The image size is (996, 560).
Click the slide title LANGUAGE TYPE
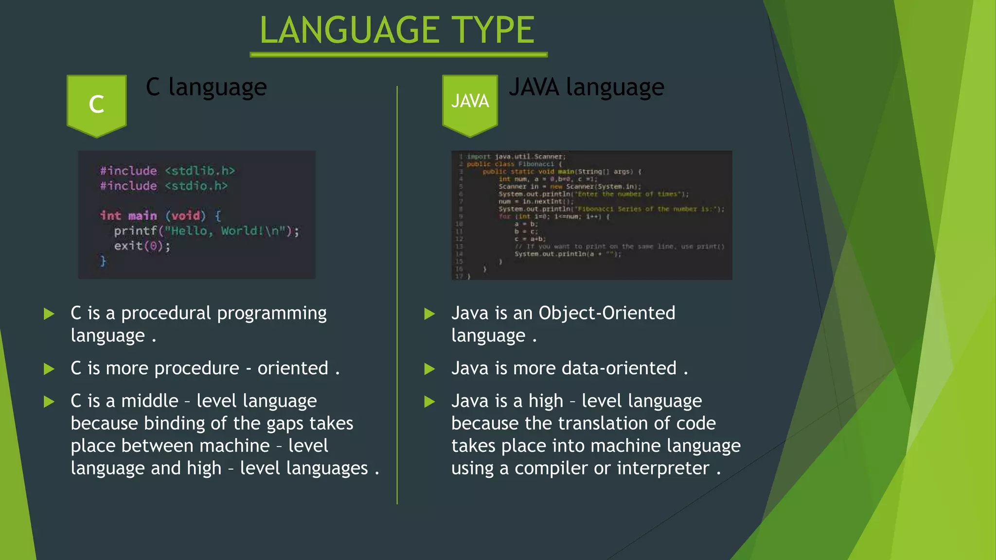[397, 30]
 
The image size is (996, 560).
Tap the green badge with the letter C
[97, 104]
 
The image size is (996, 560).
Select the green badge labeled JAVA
[470, 102]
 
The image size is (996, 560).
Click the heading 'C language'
[206, 87]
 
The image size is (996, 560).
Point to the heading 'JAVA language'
[586, 87]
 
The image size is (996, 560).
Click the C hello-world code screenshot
[196, 214]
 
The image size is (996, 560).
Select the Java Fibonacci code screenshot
[591, 215]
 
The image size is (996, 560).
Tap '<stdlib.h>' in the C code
[200, 171]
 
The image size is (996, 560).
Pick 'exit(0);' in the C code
[142, 246]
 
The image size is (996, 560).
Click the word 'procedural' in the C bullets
[166, 314]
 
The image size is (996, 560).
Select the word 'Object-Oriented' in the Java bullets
[606, 313]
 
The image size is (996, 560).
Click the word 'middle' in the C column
[150, 401]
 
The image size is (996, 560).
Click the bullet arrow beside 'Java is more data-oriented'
[429, 369]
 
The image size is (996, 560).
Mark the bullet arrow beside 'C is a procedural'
[49, 314]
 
